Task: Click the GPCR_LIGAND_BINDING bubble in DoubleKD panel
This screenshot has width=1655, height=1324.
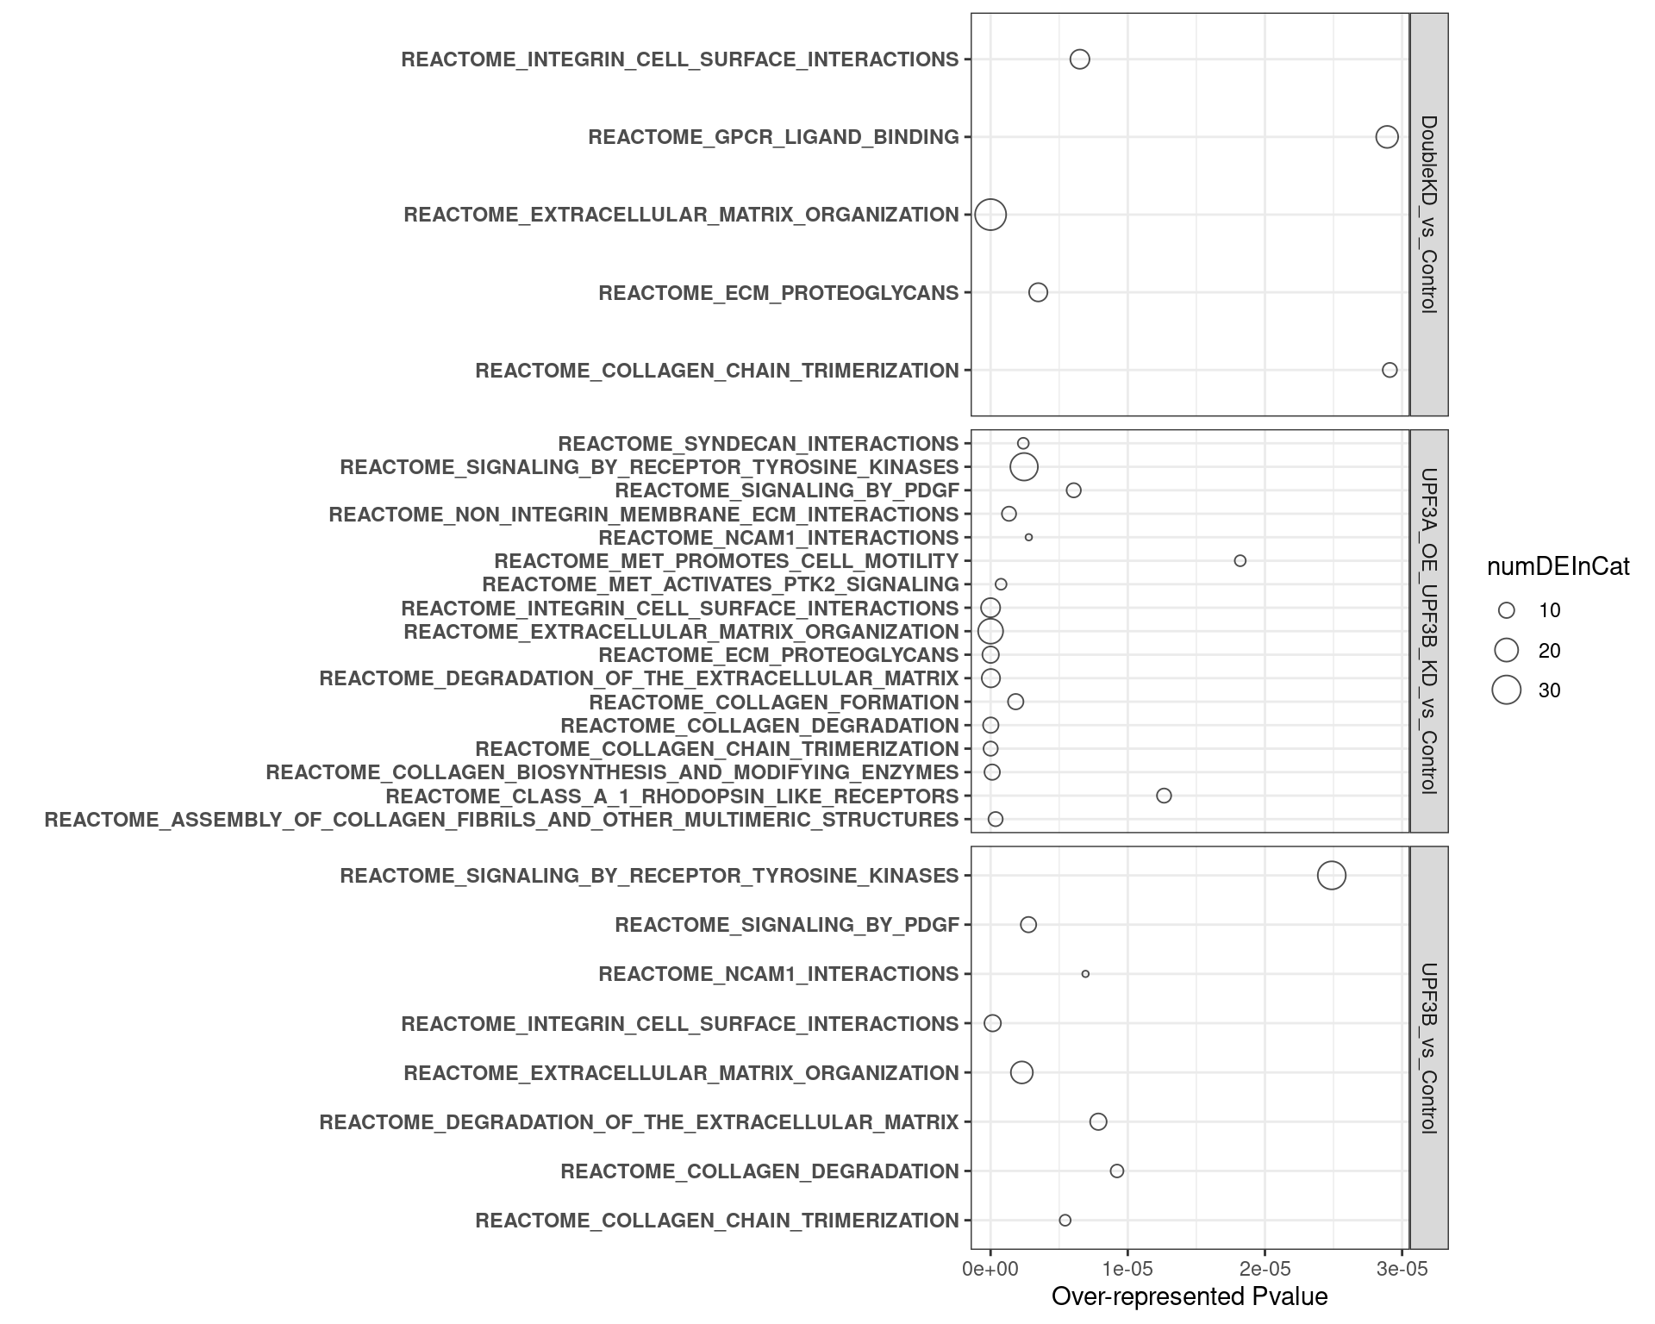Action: coord(1386,137)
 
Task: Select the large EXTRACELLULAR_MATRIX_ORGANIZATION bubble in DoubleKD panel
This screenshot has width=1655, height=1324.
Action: coord(990,215)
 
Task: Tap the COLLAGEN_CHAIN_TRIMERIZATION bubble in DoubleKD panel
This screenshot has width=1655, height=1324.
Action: coord(1390,370)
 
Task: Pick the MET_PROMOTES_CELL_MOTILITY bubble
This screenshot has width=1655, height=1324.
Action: coord(1240,561)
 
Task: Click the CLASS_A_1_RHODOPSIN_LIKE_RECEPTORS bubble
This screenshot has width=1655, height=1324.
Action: coord(1164,796)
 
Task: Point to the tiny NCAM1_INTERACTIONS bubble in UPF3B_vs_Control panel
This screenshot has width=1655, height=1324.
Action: coord(1085,974)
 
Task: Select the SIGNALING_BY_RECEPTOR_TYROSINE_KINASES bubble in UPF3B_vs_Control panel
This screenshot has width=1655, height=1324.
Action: coord(1332,876)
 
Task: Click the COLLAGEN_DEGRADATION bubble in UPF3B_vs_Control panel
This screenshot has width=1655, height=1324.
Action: coord(1117,1171)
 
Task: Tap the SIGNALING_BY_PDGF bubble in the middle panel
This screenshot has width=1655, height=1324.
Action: coord(1073,490)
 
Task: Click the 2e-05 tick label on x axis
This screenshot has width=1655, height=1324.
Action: coord(1265,1270)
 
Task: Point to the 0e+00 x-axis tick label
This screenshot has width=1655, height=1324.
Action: coord(990,1270)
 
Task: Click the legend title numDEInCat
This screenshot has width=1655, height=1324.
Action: coord(1558,567)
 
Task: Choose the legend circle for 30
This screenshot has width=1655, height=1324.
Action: coord(1507,690)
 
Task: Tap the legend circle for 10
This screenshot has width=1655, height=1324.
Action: coord(1507,610)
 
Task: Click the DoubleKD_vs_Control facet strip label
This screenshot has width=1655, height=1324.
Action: coord(1428,215)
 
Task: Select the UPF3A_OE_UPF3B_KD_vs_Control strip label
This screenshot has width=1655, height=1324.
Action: coord(1428,631)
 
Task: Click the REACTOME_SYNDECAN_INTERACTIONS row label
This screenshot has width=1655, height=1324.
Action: coord(758,444)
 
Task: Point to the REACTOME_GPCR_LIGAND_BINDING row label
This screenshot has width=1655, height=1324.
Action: coord(773,137)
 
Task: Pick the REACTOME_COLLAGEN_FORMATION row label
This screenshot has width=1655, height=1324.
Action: coord(773,702)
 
